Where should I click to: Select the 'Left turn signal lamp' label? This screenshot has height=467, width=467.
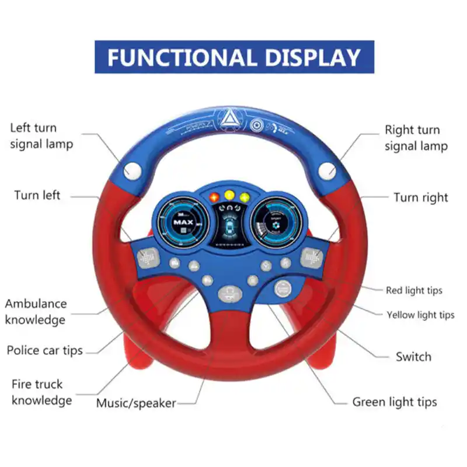click(41, 135)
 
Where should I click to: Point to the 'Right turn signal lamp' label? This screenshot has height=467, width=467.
click(416, 138)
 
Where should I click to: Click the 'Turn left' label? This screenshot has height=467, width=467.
click(37, 195)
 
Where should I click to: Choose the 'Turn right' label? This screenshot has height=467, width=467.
click(420, 197)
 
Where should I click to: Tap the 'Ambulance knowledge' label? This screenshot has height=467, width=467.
click(36, 312)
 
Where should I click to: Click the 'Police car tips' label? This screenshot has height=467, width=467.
click(44, 351)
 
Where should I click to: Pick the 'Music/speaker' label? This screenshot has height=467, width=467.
click(136, 403)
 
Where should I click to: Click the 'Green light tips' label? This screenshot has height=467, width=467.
click(394, 402)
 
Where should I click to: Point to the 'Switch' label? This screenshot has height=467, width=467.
click(413, 356)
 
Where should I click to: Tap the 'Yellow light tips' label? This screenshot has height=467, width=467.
click(420, 315)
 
